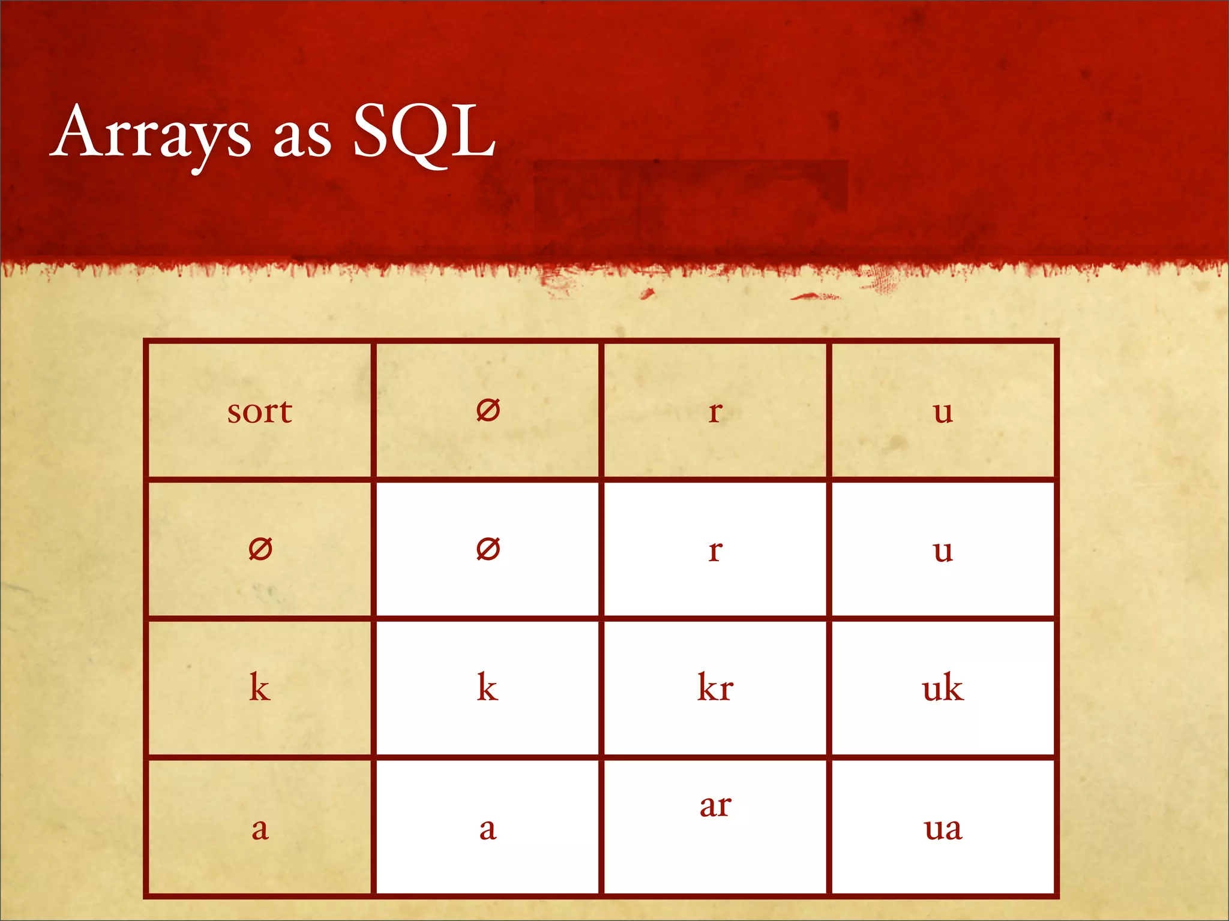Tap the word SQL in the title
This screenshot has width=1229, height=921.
point(424,132)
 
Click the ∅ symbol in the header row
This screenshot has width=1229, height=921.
point(488,411)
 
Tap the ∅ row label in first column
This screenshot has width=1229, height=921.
point(260,549)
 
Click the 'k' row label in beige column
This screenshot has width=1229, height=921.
point(260,687)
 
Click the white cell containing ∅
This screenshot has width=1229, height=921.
point(488,549)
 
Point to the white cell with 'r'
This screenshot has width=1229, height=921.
point(715,549)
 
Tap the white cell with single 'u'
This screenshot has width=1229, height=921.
point(943,549)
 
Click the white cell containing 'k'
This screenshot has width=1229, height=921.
point(488,687)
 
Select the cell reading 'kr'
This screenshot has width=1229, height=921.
point(715,687)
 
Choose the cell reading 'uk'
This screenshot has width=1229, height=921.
point(943,687)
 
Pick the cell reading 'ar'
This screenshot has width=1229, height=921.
point(715,806)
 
